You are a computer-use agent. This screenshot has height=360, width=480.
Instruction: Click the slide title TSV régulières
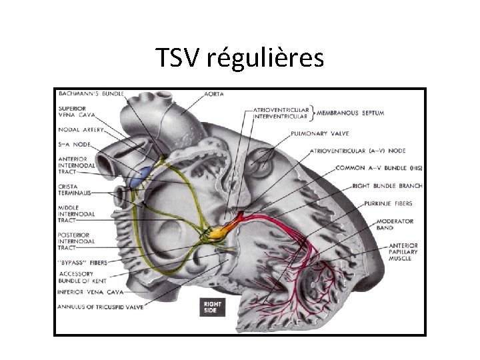click(x=240, y=59)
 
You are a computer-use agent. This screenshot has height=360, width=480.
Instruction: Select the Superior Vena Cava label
click(x=79, y=112)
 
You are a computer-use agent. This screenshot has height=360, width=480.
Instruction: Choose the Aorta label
click(x=214, y=94)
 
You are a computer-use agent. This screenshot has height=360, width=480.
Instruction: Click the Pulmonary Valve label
click(x=317, y=133)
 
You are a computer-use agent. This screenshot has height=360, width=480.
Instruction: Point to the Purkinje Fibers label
click(x=387, y=203)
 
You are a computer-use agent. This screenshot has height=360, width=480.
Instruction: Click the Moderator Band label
click(x=396, y=225)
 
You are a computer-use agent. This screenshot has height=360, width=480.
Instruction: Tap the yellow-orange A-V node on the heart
click(x=220, y=232)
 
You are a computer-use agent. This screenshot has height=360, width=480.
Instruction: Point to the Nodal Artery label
click(x=81, y=130)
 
